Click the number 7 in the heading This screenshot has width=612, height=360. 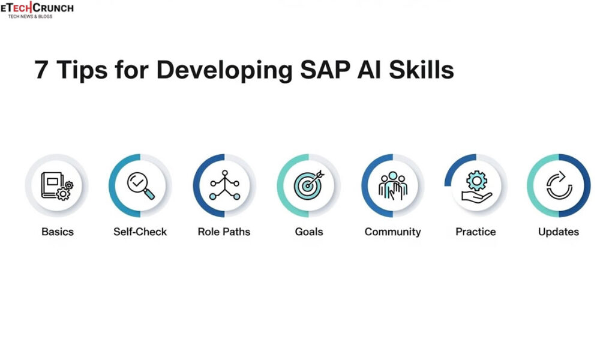[41, 71]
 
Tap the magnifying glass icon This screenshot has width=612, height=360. [140, 186]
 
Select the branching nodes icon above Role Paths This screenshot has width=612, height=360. [224, 186]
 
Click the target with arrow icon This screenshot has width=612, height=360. [308, 186]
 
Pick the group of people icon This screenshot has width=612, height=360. [393, 186]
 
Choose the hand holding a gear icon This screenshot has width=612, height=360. [476, 186]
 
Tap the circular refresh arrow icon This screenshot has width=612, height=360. [559, 186]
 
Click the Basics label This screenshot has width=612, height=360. [57, 232]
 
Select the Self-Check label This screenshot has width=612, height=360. [140, 232]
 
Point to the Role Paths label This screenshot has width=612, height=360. [224, 232]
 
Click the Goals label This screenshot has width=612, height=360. [308, 232]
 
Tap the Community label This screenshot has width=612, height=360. [392, 232]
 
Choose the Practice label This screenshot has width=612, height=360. [476, 232]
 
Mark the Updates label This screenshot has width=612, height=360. [559, 232]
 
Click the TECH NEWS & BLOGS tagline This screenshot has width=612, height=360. [30, 16]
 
